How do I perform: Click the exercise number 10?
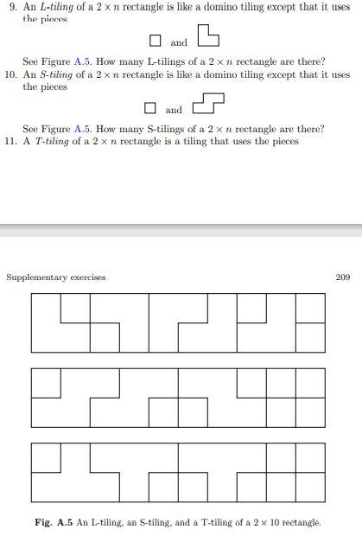click(11, 75)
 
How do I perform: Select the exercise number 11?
click(11, 141)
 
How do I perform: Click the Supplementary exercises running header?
click(55, 277)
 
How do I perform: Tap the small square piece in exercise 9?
click(156, 41)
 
